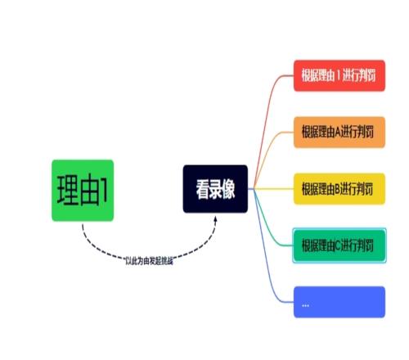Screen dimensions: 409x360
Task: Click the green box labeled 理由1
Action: (x=83, y=191)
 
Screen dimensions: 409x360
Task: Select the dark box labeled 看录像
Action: (x=215, y=189)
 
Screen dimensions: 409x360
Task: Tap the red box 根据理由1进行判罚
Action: (x=339, y=75)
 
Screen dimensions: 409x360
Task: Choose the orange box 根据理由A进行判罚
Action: (x=339, y=133)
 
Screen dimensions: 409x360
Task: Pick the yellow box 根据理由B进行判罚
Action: (x=339, y=189)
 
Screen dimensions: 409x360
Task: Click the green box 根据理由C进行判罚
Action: (x=339, y=245)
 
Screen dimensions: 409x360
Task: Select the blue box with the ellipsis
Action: (x=339, y=302)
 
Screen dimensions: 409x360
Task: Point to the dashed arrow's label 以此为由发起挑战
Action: (x=149, y=261)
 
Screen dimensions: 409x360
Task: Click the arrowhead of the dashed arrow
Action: (x=215, y=219)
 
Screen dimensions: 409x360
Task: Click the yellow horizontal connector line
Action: (x=273, y=189)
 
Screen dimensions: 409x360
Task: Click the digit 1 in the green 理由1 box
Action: (x=104, y=191)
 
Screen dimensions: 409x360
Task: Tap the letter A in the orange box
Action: (x=338, y=133)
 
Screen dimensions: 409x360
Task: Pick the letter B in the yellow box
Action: (x=337, y=189)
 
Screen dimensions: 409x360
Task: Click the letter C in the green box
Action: (x=338, y=245)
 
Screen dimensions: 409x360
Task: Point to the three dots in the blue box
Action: (x=305, y=305)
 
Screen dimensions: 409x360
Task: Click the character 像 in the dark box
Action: (x=228, y=189)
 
